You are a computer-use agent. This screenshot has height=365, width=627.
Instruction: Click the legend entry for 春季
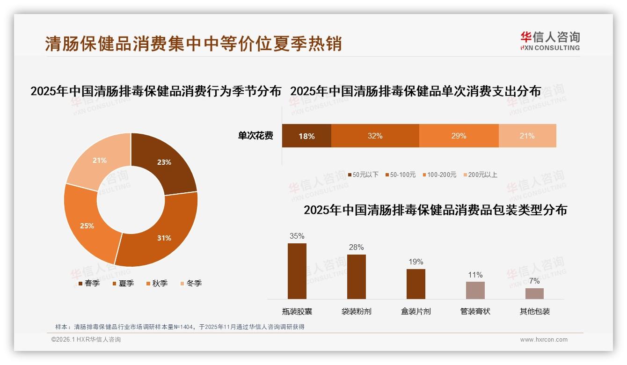click(x=89, y=283)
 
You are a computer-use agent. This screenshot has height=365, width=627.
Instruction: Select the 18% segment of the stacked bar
click(x=306, y=136)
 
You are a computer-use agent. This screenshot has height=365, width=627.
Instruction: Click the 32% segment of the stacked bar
click(x=375, y=136)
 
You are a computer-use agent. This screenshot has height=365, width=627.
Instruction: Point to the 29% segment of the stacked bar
click(x=459, y=136)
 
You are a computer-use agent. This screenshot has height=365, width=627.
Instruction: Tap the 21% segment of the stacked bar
click(x=527, y=136)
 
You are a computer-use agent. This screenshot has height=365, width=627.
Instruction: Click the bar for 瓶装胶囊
click(x=297, y=271)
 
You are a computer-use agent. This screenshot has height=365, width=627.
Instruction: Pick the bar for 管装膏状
click(x=475, y=290)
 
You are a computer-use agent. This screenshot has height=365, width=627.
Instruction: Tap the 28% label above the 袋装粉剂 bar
click(x=356, y=247)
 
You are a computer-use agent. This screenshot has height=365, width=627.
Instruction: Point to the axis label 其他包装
click(x=534, y=311)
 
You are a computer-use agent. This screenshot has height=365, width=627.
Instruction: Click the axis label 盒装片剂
click(x=416, y=311)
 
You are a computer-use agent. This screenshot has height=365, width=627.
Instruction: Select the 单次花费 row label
click(x=255, y=136)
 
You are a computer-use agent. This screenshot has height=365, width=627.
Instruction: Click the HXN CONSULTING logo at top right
click(x=550, y=41)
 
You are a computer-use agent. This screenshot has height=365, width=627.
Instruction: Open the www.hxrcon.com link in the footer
click(x=544, y=340)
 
